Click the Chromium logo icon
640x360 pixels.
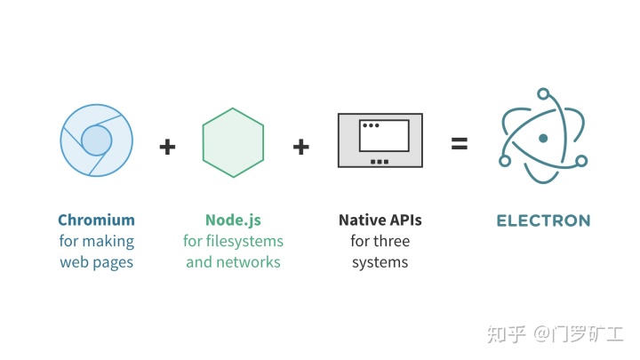[97, 140]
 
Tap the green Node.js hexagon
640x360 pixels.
[234, 142]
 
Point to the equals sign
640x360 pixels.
[459, 142]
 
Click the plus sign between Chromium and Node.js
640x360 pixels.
[167, 145]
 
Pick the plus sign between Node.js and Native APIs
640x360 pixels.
[301, 145]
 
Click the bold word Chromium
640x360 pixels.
[96, 220]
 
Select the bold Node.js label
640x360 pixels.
[234, 220]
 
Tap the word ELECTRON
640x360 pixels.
[542, 220]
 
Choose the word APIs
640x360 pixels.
[404, 220]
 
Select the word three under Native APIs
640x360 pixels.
[392, 241]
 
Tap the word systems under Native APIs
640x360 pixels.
[380, 262]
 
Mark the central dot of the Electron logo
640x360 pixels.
[541, 140]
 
